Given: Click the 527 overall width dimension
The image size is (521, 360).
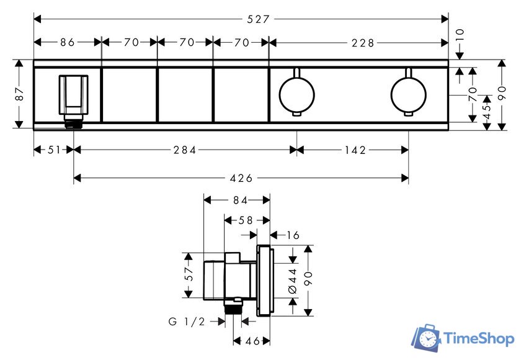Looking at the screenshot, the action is (258, 19).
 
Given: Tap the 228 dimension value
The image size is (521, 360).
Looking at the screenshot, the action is (363, 43).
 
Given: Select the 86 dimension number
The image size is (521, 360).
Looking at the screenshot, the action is (68, 42).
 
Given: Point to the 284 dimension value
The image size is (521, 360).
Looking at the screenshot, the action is (185, 150).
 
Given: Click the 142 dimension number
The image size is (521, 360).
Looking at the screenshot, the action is (355, 150).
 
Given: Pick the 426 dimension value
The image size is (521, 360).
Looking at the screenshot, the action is (241, 179).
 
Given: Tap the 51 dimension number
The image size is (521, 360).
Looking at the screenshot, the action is (55, 150).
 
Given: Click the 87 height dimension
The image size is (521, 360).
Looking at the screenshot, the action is (19, 94).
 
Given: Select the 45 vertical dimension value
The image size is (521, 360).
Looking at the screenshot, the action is (487, 111).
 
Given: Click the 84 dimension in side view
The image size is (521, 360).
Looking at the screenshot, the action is (240, 200).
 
